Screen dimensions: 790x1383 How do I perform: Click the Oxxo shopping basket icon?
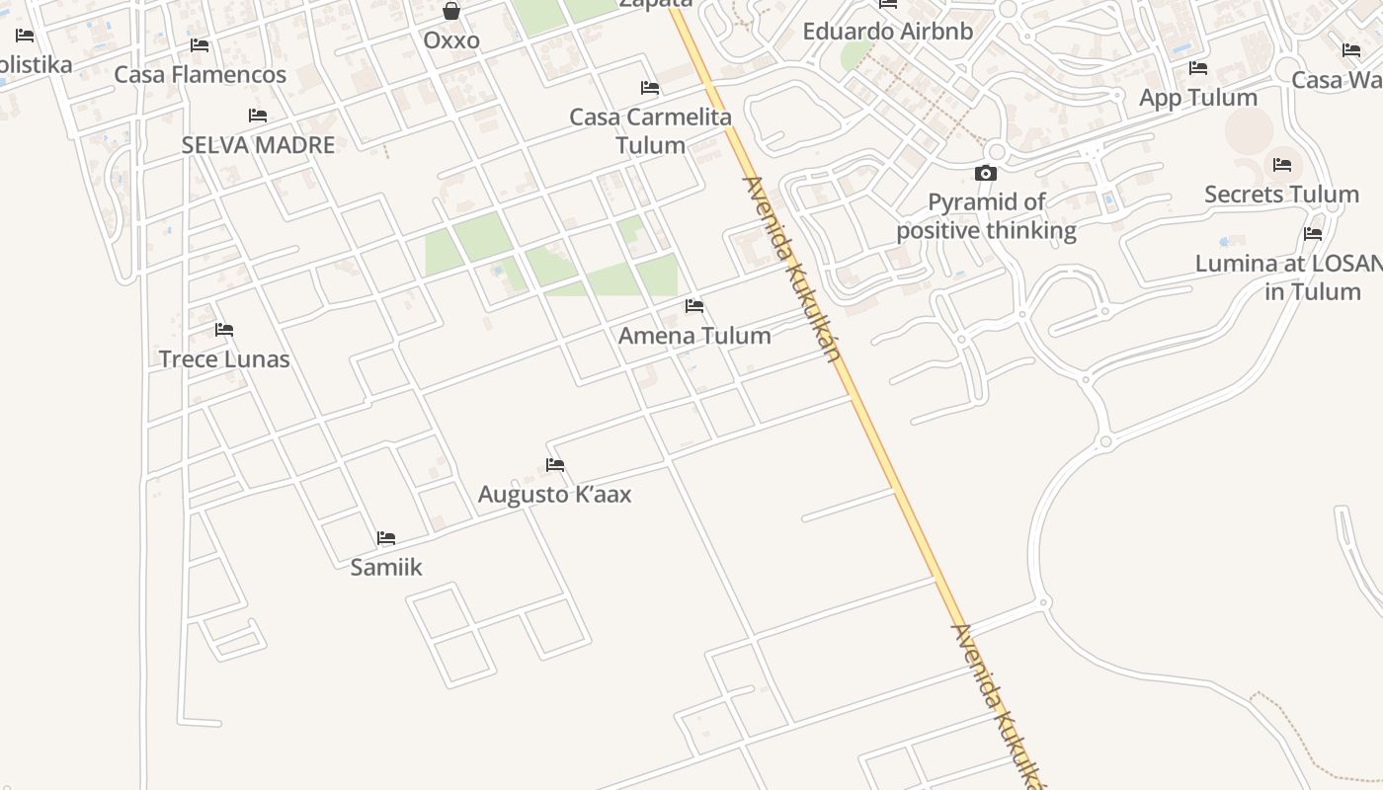tap(451, 11)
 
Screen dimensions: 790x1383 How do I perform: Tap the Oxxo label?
tap(451, 40)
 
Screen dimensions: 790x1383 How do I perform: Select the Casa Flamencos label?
tap(200, 75)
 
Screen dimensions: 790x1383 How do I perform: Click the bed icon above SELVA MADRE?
tap(258, 116)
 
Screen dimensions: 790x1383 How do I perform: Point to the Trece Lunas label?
tap(224, 358)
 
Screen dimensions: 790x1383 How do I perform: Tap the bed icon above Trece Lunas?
tap(224, 330)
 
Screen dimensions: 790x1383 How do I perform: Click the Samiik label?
tap(386, 567)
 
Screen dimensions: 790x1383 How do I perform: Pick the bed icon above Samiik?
tap(386, 538)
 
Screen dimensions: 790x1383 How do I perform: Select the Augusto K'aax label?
tap(554, 494)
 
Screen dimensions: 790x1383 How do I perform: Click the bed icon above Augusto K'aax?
tap(555, 465)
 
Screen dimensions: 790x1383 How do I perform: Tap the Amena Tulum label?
tap(694, 336)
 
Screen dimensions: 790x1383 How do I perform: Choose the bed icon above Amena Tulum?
tap(694, 306)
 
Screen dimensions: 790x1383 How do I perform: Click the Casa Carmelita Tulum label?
tap(650, 131)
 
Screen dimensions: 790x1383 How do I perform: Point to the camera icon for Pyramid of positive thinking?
tap(986, 174)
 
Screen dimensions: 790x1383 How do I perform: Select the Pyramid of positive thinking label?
tap(986, 216)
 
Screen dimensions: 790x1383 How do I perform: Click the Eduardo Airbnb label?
tap(887, 32)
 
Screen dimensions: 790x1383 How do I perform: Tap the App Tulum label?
tap(1197, 98)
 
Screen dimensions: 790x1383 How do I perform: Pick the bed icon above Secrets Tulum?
tap(1282, 165)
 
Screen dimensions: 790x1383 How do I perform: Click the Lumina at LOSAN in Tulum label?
tap(1289, 277)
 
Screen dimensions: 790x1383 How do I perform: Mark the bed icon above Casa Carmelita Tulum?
tap(650, 88)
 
